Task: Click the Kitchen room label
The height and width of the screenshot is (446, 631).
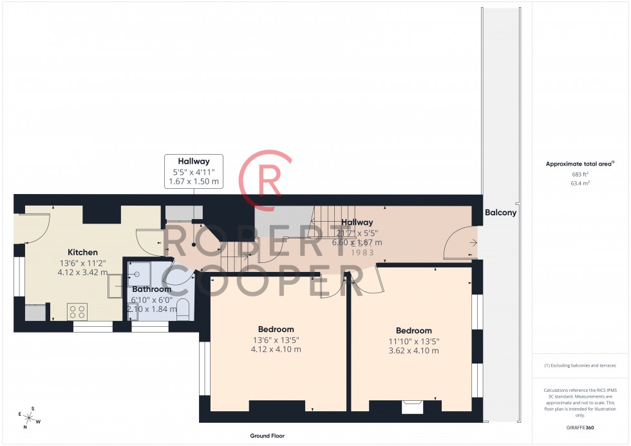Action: tap(82, 252)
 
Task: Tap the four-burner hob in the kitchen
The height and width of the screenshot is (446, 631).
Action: tap(77, 312)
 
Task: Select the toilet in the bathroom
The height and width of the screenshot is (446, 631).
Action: tap(182, 309)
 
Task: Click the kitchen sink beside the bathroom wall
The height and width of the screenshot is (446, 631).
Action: tap(116, 287)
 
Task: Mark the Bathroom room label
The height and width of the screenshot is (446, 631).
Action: tap(152, 289)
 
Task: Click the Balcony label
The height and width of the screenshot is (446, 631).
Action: tap(500, 212)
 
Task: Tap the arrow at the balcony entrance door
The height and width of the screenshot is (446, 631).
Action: tap(474, 243)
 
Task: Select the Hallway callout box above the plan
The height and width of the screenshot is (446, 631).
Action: tap(194, 171)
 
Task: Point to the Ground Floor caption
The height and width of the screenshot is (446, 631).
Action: tap(267, 436)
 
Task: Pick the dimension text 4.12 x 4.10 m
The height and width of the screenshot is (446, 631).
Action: tap(276, 350)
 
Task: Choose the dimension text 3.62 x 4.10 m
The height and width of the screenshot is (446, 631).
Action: tap(413, 351)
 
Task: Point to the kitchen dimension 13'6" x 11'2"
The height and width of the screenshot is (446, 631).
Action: tap(82, 263)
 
